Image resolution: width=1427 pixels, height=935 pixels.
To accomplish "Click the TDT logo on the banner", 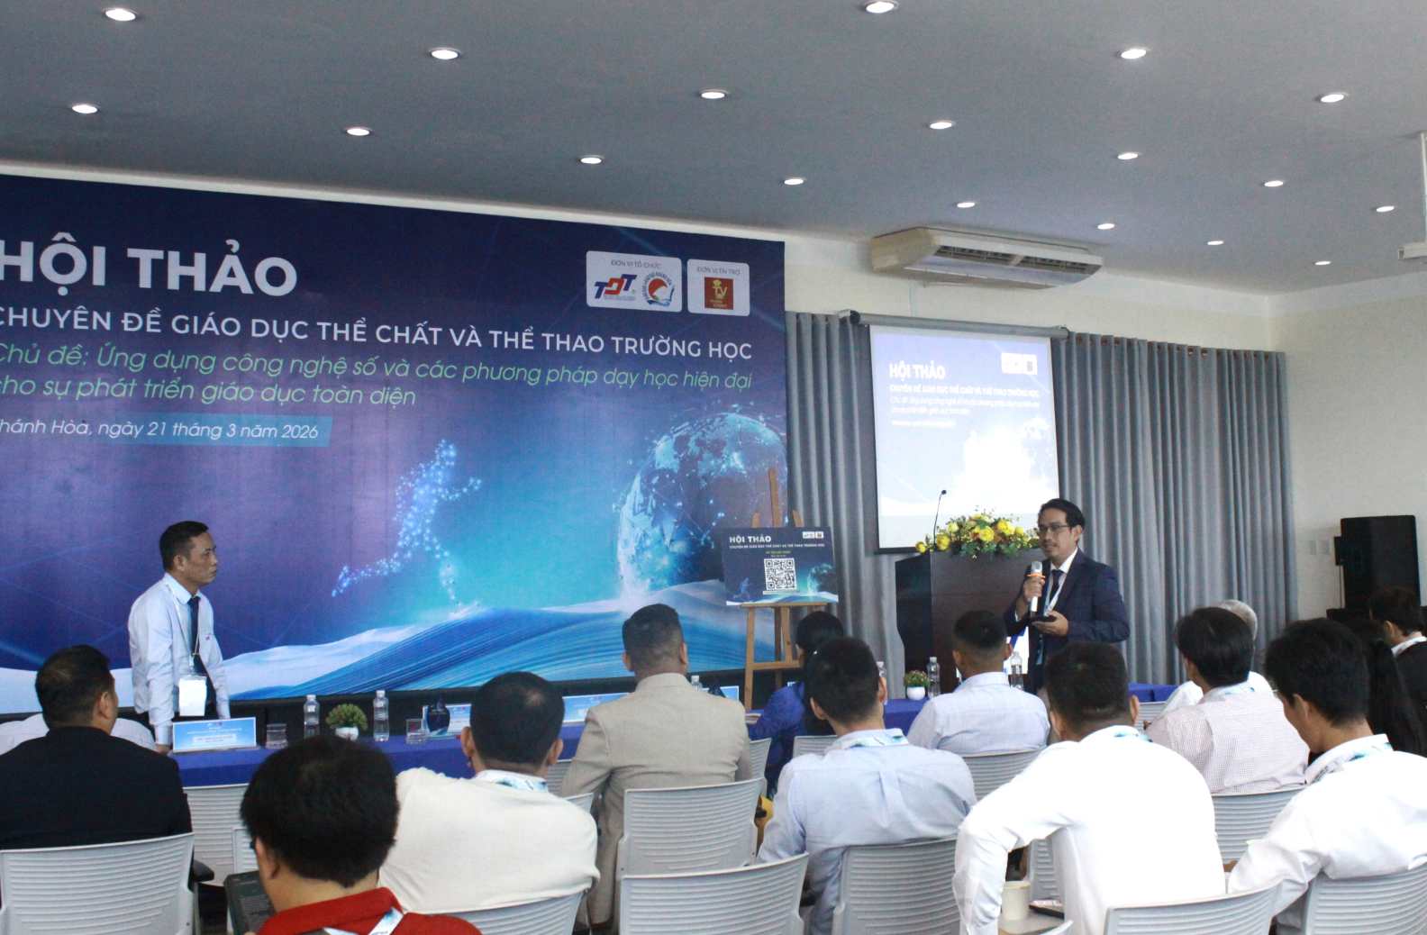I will [614, 288].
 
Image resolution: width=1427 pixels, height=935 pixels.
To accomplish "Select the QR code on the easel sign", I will [779, 575].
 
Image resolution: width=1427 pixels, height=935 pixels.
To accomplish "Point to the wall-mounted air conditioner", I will [985, 257].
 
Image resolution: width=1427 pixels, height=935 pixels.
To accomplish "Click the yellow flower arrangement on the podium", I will [977, 534].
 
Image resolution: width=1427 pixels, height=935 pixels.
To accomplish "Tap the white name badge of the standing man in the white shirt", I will [192, 696].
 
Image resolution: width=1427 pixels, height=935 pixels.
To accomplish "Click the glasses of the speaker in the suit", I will [1053, 529].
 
